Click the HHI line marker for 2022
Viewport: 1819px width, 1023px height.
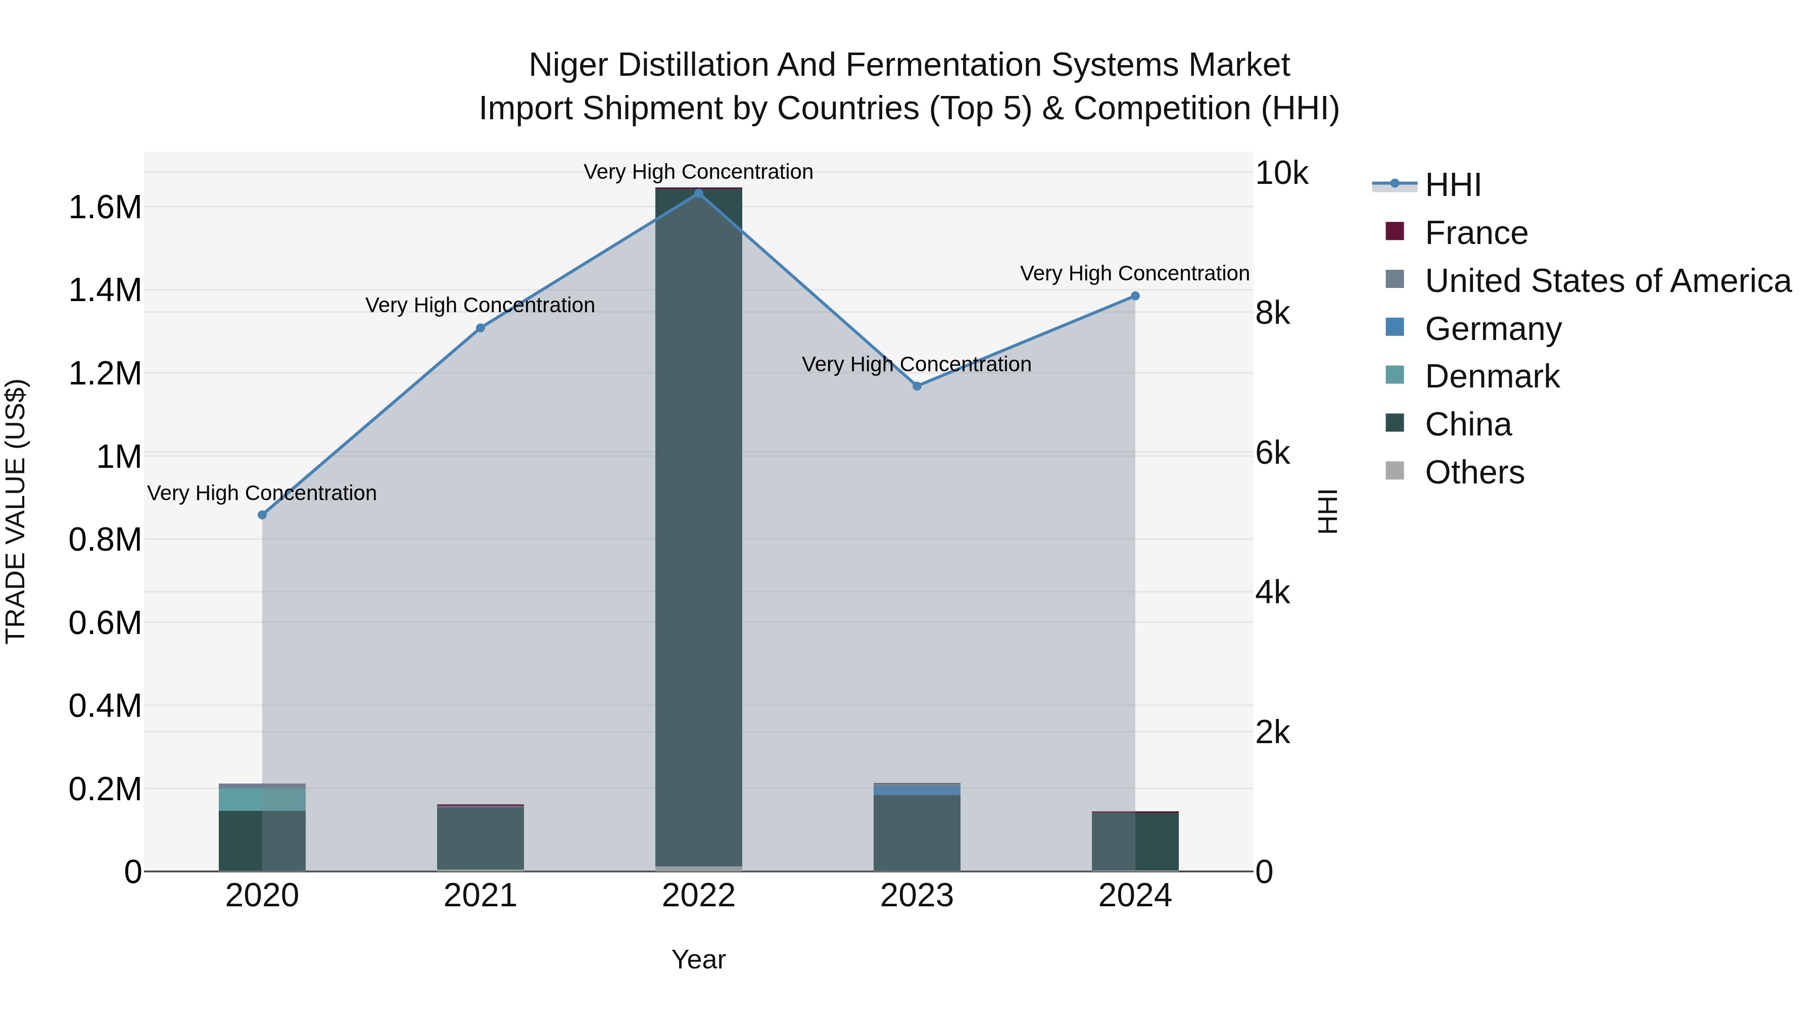698,193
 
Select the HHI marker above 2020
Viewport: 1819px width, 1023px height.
262,515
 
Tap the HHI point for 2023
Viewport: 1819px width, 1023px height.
917,386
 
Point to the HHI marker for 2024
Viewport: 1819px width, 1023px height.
1135,297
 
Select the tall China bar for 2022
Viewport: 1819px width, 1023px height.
698,529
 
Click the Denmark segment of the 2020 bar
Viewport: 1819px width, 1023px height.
262,799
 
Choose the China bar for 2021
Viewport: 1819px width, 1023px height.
480,838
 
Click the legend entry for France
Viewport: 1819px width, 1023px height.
1476,233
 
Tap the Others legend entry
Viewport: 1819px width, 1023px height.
1474,472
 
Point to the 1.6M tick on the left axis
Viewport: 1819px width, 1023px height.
105,208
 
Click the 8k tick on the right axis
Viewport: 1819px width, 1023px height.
1272,313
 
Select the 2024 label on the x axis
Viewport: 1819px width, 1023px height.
1135,896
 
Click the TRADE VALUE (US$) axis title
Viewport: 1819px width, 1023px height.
16,511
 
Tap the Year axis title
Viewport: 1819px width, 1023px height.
698,959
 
